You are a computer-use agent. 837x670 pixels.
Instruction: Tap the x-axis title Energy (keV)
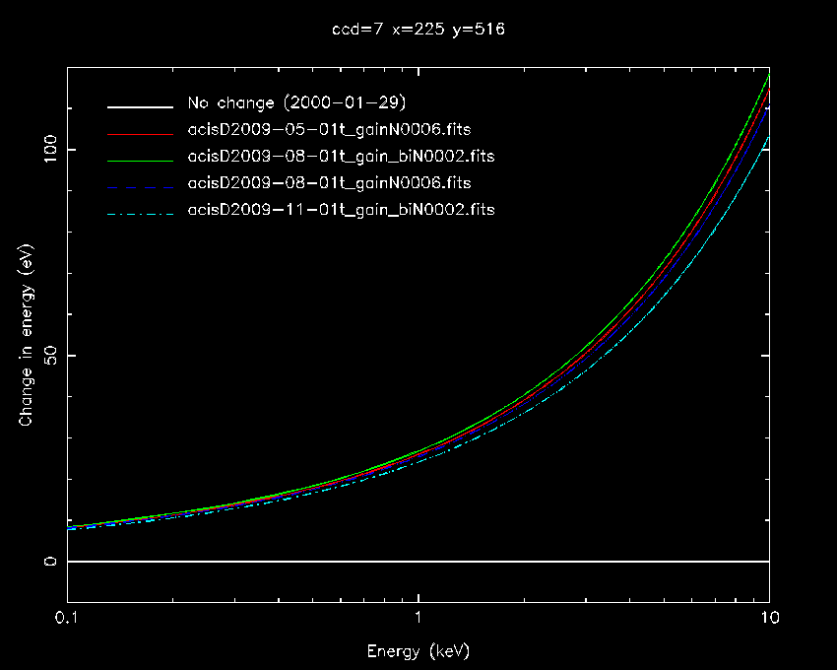418,651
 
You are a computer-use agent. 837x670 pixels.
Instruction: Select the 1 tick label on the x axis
418,619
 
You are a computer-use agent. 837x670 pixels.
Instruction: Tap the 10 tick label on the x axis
768,619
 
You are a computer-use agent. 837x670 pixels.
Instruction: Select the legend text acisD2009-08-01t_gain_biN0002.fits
341,157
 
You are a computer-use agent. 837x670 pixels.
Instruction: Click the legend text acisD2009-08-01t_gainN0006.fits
329,183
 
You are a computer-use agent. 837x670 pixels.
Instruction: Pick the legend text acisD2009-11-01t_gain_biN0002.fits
341,210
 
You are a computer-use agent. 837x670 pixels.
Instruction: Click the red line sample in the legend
141,131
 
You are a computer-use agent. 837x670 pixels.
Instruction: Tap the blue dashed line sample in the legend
141,184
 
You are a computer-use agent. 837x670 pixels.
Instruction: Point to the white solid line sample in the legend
141,104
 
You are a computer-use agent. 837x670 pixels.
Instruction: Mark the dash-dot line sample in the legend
141,211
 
